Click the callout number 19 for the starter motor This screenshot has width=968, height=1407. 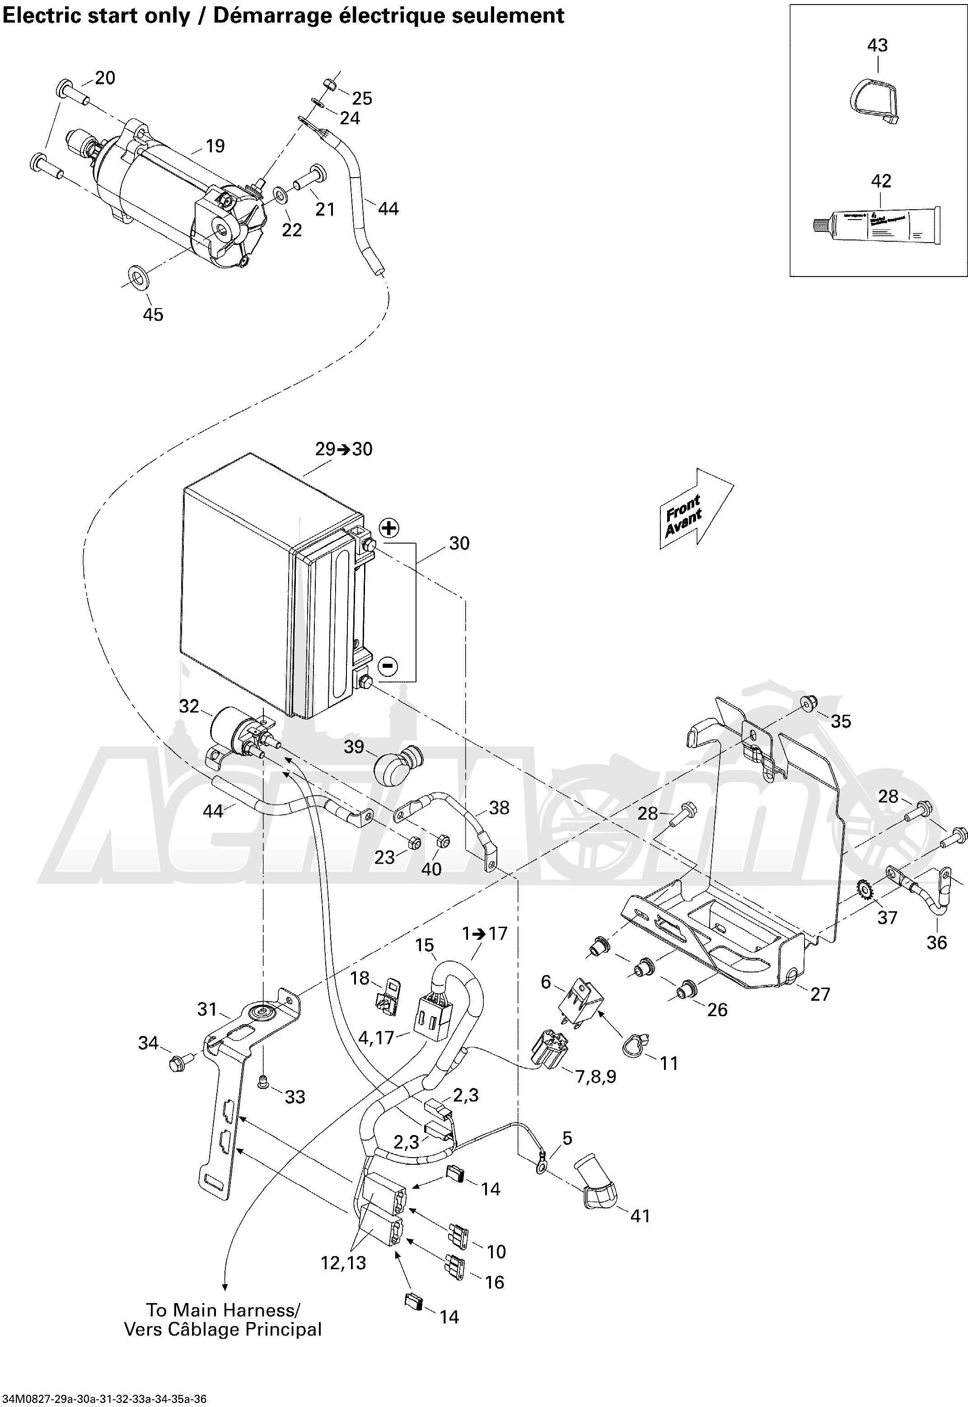(215, 146)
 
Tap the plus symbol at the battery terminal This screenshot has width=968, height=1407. (388, 528)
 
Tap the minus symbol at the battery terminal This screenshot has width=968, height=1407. (388, 666)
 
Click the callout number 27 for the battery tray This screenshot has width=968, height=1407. (820, 994)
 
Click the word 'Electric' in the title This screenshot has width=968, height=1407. (42, 16)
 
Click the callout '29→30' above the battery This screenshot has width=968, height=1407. (343, 449)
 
